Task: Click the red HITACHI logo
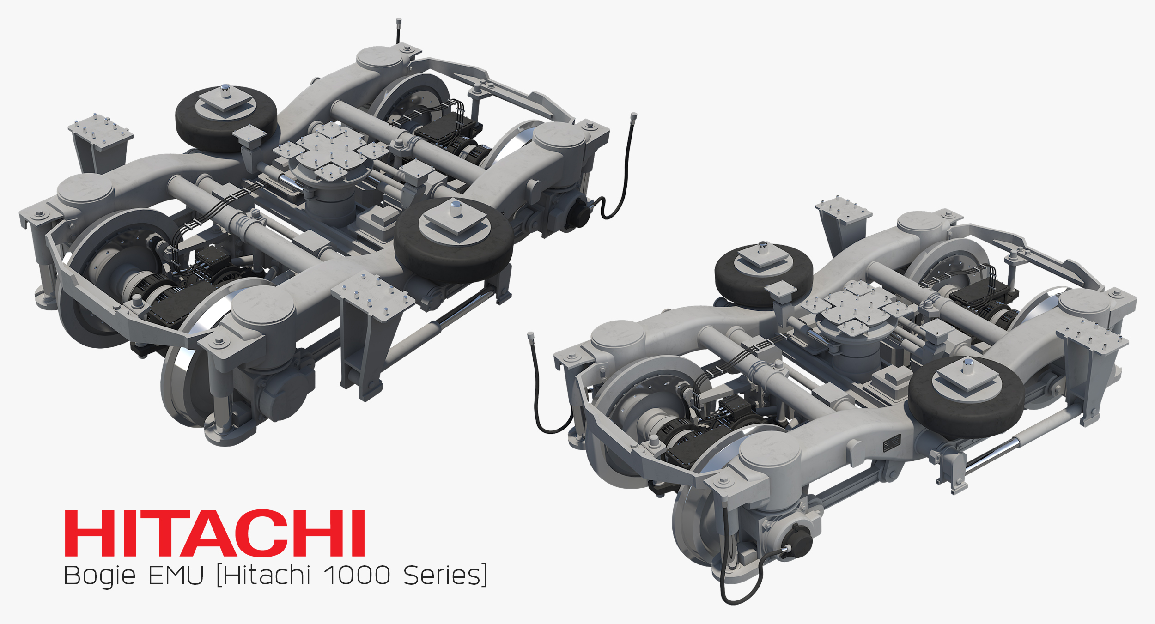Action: (x=215, y=533)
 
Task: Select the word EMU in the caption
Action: (x=176, y=576)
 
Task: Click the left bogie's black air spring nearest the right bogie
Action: (x=454, y=240)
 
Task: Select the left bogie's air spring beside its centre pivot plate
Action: (x=225, y=118)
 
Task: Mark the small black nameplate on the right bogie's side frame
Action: (x=892, y=443)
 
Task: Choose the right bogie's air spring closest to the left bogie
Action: (x=763, y=273)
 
